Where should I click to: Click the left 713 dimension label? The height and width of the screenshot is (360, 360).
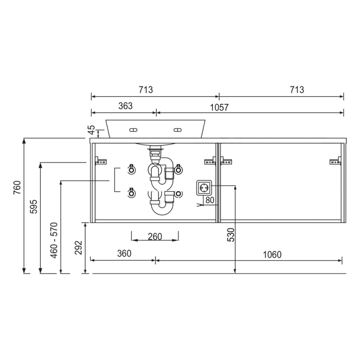[146, 89]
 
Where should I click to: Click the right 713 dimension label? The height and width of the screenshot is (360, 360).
[296, 89]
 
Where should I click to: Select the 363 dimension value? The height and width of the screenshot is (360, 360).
[125, 106]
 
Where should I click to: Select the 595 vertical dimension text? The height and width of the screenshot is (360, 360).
[33, 206]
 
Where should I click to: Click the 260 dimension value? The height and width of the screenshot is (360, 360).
[154, 237]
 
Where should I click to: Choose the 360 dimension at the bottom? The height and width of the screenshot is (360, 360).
[124, 254]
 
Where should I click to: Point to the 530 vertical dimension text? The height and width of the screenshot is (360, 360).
[231, 235]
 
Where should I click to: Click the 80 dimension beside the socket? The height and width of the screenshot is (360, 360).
[209, 200]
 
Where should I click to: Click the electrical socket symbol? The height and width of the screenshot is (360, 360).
[203, 187]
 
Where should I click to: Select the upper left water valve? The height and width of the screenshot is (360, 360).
[131, 169]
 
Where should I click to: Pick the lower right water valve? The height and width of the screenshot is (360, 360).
[178, 193]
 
